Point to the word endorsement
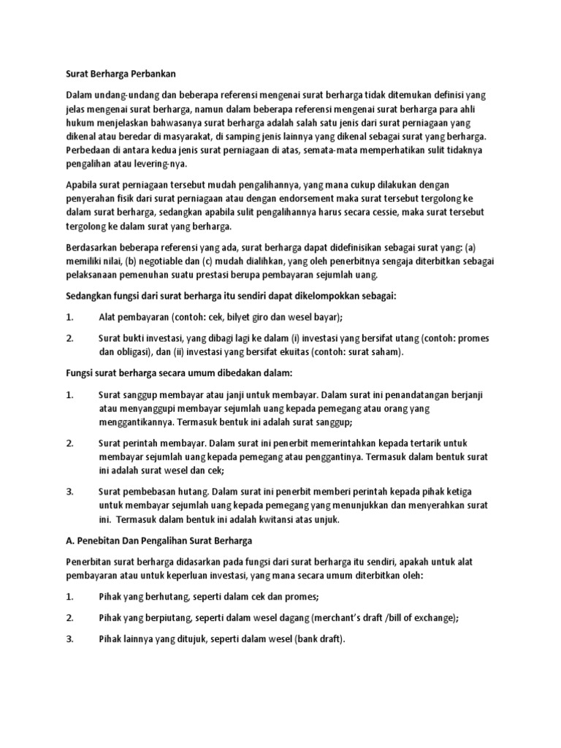[x=275, y=199]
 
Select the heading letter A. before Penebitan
[x=71, y=541]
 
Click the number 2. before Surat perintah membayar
[x=70, y=443]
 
